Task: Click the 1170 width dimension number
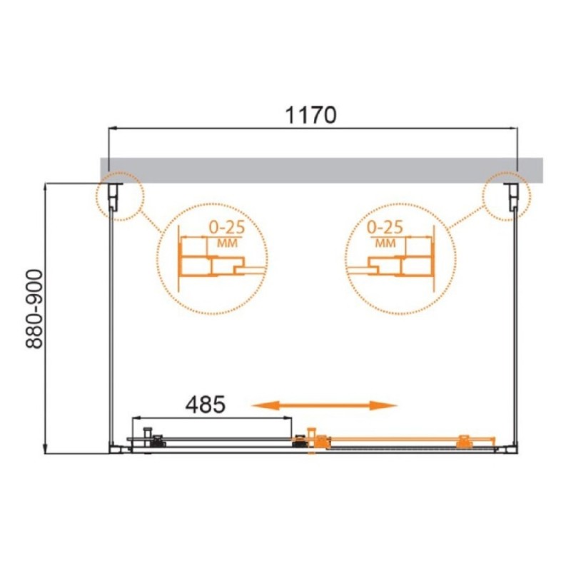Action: tap(310, 115)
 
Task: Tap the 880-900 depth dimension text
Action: tap(34, 309)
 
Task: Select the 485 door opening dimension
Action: tap(206, 404)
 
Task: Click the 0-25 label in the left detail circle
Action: tap(226, 228)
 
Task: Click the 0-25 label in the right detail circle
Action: tap(385, 227)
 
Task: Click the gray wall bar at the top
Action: tap(322, 170)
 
